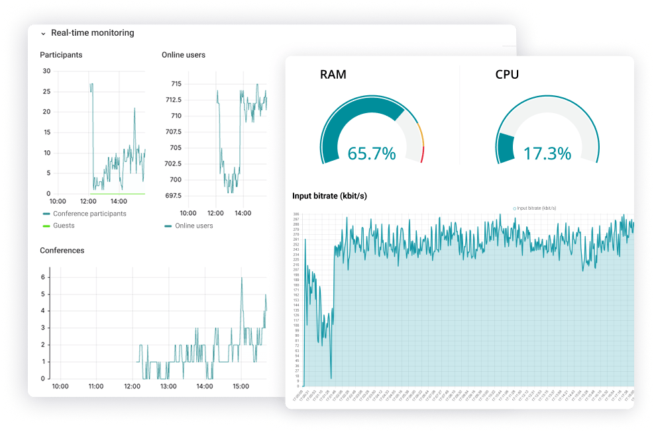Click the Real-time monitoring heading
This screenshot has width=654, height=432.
[92, 33]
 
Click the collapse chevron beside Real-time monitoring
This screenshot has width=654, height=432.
[43, 33]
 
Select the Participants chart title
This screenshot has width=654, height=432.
[61, 55]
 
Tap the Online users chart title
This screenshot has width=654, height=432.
[184, 55]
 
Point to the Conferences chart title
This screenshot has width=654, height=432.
[62, 251]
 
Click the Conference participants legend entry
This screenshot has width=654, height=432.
[89, 214]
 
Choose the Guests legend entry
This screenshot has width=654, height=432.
[64, 226]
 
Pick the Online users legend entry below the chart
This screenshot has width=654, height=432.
[193, 226]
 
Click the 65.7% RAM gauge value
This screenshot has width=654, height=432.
[371, 154]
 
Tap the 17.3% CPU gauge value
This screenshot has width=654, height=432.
[547, 154]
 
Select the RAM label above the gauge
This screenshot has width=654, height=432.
[333, 75]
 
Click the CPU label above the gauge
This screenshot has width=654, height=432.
[507, 75]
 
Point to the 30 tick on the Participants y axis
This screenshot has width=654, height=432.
[46, 71]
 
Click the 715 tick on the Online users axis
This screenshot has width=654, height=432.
[176, 84]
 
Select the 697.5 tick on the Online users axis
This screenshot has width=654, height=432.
[173, 196]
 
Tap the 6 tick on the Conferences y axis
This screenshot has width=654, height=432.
[43, 277]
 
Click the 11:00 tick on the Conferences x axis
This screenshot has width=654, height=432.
[95, 386]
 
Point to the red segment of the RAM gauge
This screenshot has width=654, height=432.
[422, 155]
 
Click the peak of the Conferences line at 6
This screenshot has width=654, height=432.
[241, 278]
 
